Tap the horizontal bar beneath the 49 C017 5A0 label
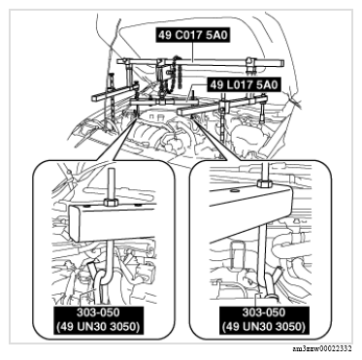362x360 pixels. coord(194,58)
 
